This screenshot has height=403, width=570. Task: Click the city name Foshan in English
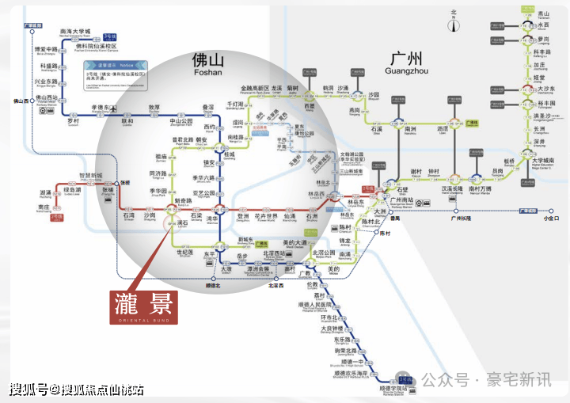209,73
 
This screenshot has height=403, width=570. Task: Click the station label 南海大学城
76,32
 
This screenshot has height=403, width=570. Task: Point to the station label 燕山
543,13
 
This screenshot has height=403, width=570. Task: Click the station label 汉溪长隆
452,188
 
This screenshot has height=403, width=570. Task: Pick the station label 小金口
551,218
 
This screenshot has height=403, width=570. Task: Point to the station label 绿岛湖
72,190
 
